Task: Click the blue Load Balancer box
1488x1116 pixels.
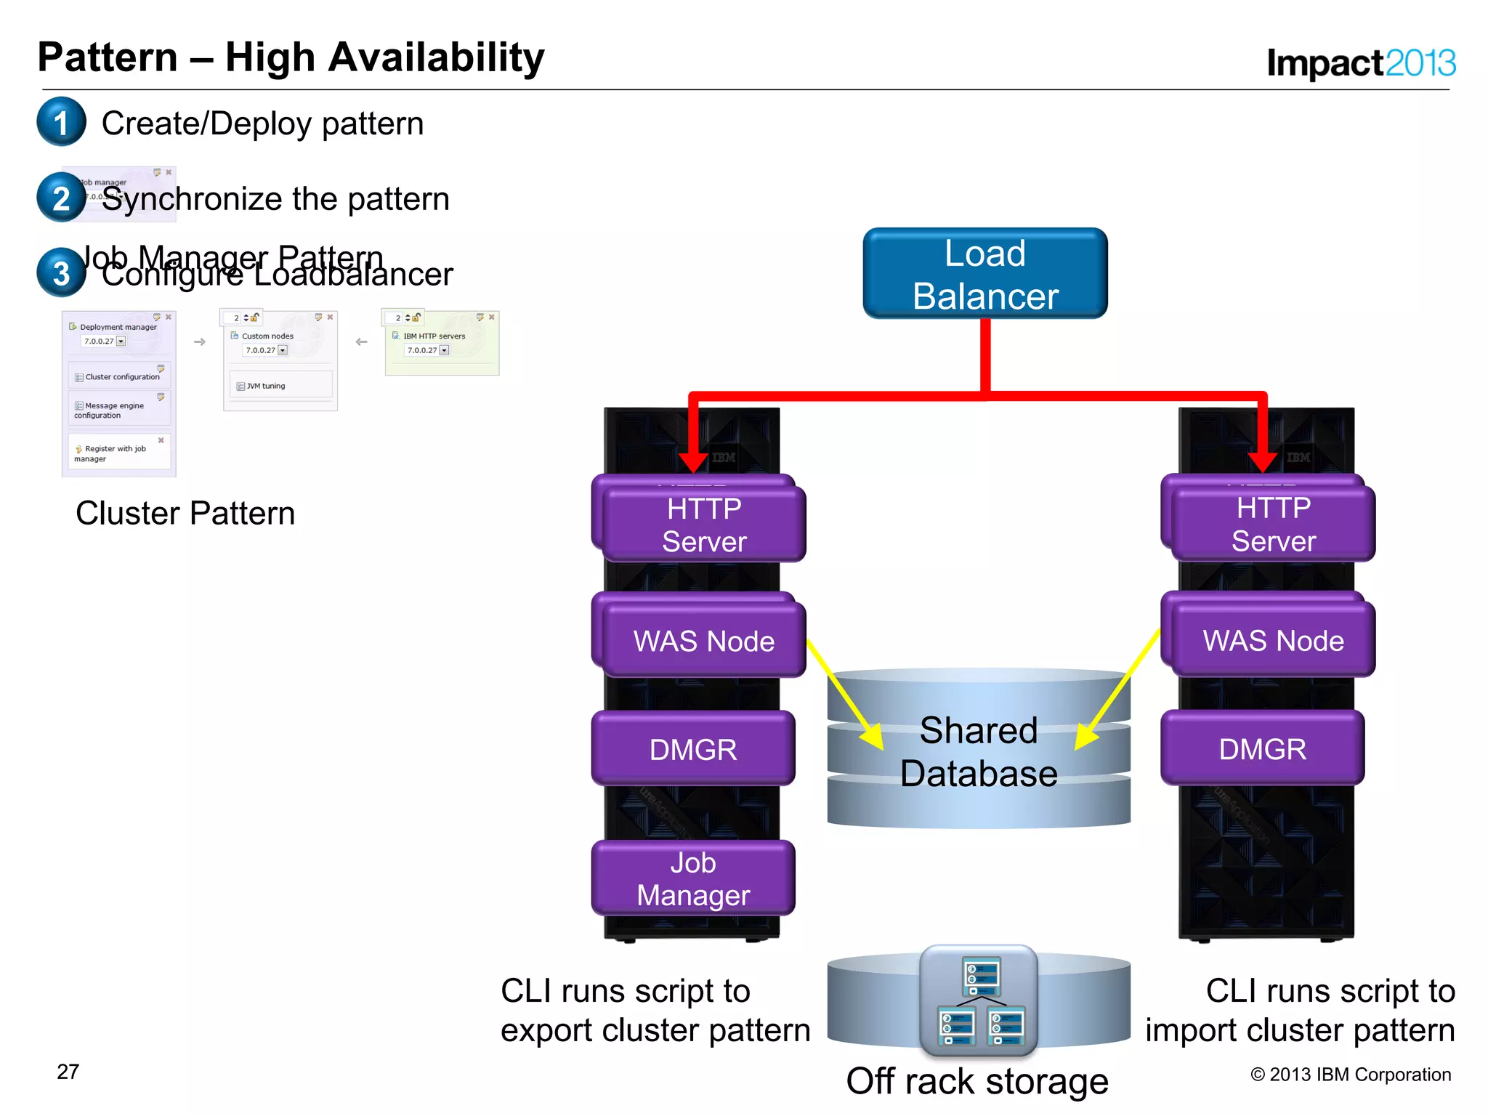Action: coord(984,274)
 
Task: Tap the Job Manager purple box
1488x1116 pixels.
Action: coord(693,878)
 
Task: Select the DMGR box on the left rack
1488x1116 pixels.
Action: coord(693,749)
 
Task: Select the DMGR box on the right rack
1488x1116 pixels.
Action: coord(1262,749)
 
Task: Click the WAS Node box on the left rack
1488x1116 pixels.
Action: coord(703,641)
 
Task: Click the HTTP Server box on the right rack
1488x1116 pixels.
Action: coord(1273,524)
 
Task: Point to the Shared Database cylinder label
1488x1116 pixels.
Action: coord(978,751)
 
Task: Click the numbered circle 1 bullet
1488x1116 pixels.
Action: coord(62,122)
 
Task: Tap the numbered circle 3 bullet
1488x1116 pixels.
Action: coord(62,273)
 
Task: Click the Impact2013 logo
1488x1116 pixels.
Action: coord(1360,62)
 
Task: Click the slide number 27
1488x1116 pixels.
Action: coord(68,1072)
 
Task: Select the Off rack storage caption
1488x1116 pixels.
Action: coord(977,1081)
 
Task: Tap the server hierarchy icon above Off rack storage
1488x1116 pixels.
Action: coord(979,1000)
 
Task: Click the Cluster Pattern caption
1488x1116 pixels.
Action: coord(185,513)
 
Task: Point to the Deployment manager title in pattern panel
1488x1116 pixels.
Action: coord(118,327)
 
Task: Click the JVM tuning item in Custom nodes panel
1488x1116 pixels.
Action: coord(265,386)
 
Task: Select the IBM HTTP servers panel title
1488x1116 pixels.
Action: coord(434,336)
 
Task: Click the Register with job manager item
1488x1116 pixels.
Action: coord(115,453)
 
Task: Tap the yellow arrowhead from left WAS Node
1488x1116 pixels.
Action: coord(873,737)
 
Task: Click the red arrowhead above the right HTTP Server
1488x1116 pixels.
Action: coord(1262,461)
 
